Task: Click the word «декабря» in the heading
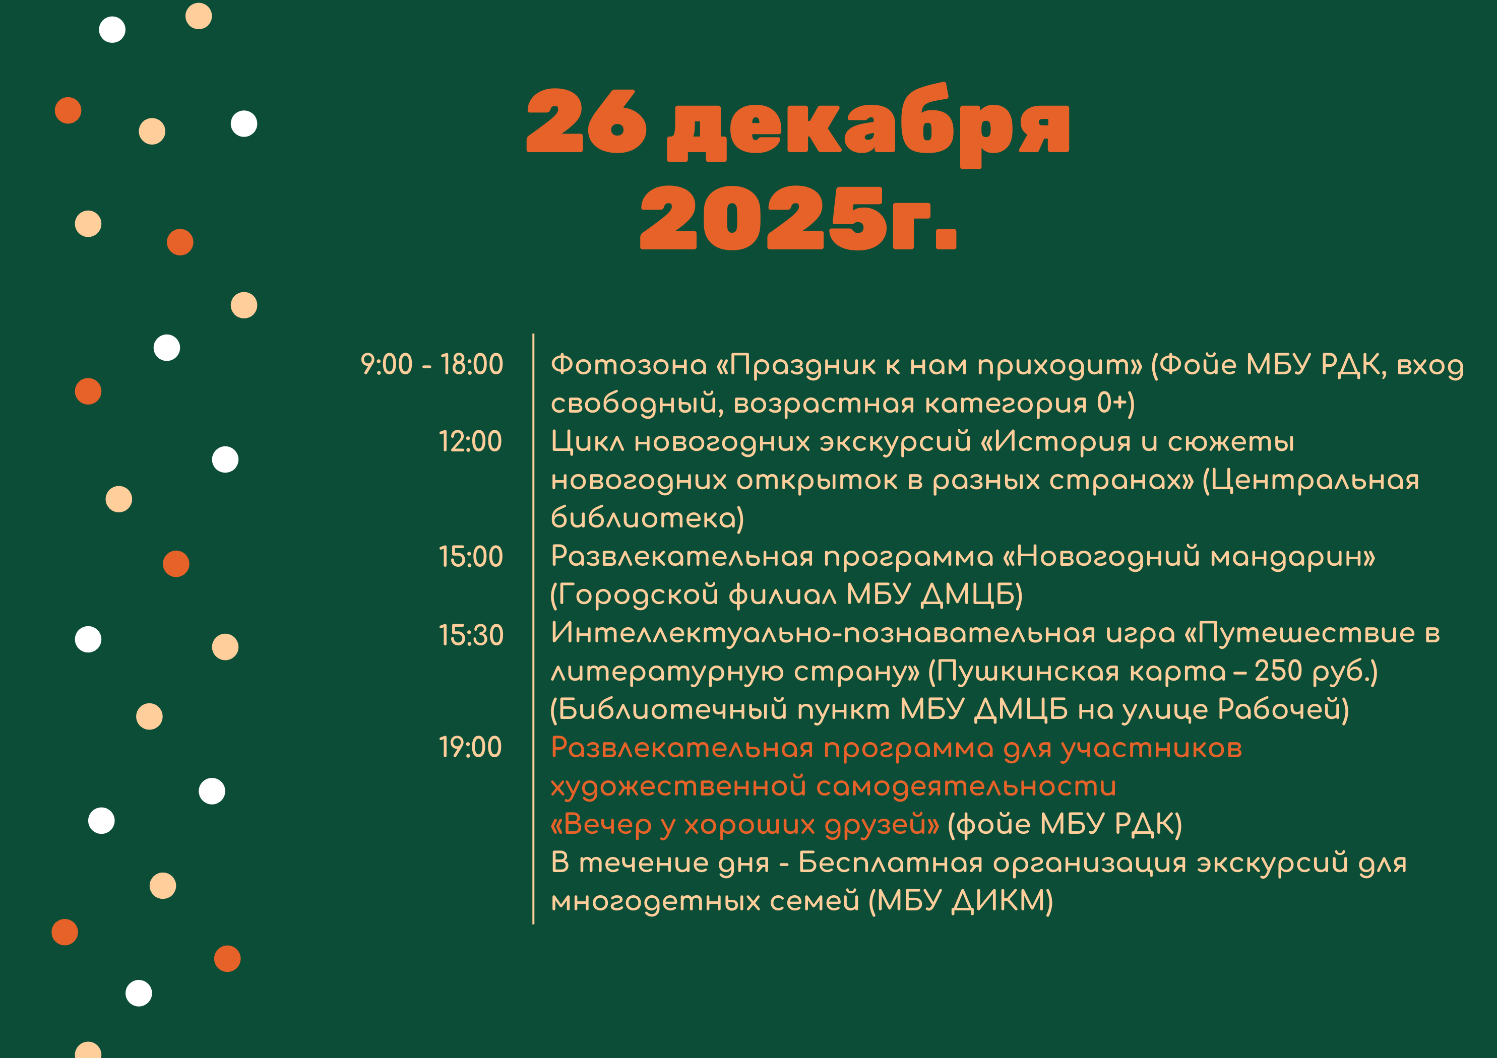point(868,125)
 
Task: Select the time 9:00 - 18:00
point(431,364)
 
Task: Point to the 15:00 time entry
point(471,557)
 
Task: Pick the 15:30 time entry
point(471,635)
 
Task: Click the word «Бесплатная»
point(890,863)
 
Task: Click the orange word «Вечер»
point(600,825)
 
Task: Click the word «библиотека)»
point(647,518)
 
